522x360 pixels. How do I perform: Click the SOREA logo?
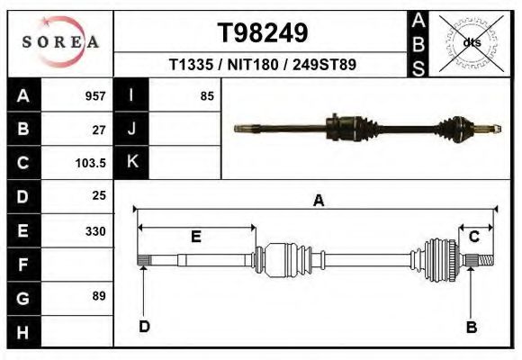(x=59, y=42)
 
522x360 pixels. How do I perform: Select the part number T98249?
(x=263, y=33)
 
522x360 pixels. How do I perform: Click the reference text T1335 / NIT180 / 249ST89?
(x=262, y=65)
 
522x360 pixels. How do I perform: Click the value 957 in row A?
(x=94, y=96)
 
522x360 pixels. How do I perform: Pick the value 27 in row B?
(x=99, y=130)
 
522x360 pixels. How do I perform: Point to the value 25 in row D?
(x=99, y=195)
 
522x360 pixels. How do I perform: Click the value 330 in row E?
(x=94, y=231)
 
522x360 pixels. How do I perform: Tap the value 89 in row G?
(x=99, y=296)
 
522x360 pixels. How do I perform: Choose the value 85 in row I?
(x=207, y=96)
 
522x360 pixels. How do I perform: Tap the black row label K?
(x=132, y=163)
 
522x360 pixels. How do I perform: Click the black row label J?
(x=132, y=130)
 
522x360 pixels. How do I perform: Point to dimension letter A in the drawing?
(x=318, y=201)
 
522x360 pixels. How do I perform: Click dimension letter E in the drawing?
(x=195, y=237)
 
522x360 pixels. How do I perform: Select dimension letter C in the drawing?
(x=474, y=237)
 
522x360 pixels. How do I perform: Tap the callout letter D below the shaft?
(x=144, y=327)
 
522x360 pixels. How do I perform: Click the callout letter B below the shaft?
(x=470, y=327)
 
